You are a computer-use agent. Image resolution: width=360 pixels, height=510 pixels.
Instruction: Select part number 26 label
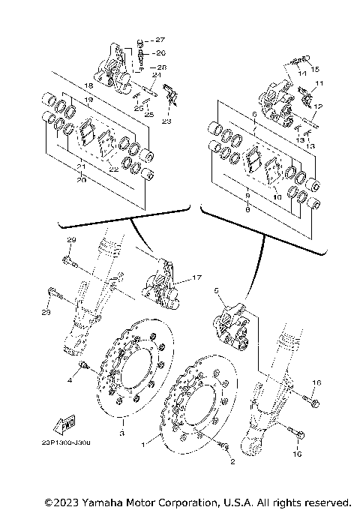click(x=160, y=53)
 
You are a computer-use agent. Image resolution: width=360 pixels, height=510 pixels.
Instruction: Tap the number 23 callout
click(x=166, y=120)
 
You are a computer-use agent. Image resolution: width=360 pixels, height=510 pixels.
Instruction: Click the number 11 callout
click(x=319, y=82)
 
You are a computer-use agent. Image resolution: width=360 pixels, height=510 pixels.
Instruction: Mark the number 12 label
click(x=317, y=106)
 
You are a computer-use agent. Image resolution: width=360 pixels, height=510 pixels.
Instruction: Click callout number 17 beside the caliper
click(x=196, y=278)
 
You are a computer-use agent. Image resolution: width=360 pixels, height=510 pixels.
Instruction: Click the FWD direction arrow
click(x=66, y=425)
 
